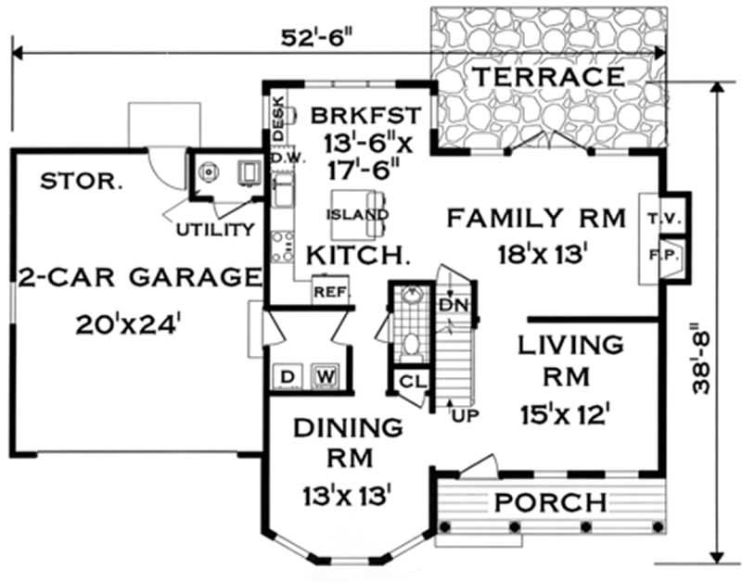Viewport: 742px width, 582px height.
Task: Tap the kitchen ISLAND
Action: point(357,215)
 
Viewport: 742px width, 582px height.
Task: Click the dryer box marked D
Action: point(288,376)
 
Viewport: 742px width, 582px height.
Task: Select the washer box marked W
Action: point(323,376)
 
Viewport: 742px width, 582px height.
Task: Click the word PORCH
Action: point(549,503)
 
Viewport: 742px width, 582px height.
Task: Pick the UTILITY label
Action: point(215,229)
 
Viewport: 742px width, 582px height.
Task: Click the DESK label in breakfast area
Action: point(276,118)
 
